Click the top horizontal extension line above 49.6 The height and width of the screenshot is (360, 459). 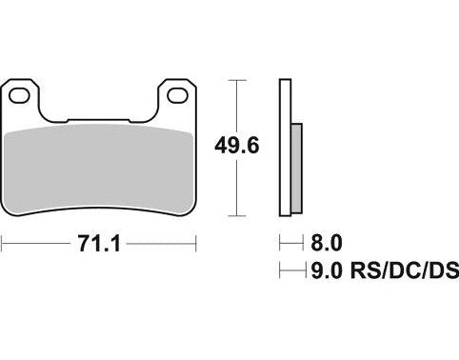233,79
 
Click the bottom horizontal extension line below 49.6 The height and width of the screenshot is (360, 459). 233,215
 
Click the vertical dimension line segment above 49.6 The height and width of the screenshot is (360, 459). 233,105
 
